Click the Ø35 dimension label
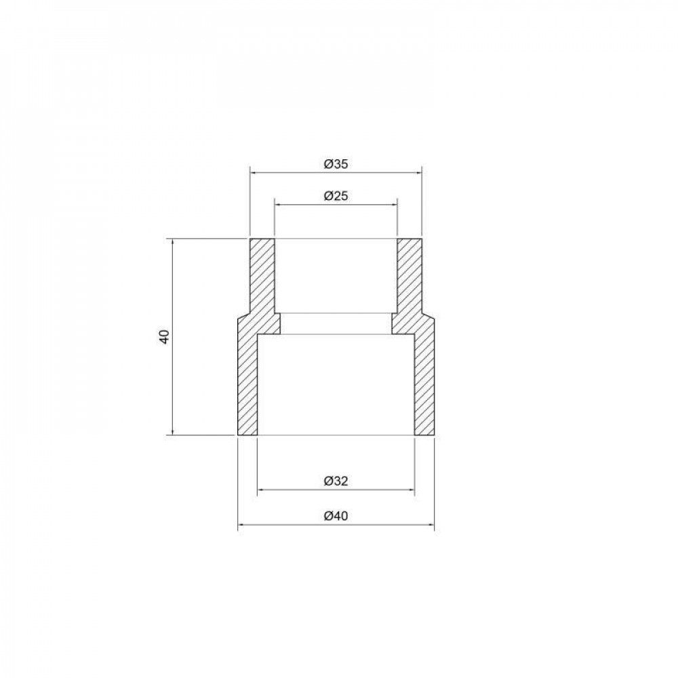[336, 163]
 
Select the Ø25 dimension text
[336, 195]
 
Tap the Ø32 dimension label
[336, 481]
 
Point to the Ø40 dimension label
[336, 516]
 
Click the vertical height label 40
[163, 337]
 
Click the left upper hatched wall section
[262, 278]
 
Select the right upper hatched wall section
[409, 278]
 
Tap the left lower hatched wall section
[247, 380]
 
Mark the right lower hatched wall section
[424, 380]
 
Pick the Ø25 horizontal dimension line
[298, 204]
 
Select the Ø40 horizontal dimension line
[285, 525]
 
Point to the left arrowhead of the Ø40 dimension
[240, 525]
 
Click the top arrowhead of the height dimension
[173, 242]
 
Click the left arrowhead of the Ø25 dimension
[277, 204]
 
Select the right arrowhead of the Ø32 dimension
[411, 490]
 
